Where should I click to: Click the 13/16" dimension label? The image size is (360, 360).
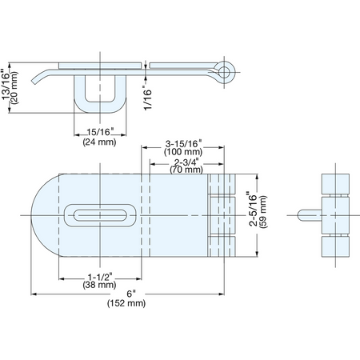6,85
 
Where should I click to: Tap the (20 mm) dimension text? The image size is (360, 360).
14,87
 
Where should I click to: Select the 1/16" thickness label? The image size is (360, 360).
147,97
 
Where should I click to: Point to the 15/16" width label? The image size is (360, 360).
100,132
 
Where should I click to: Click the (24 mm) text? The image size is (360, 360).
99,142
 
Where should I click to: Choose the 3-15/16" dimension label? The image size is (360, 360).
183,144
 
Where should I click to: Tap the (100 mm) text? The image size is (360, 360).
183,152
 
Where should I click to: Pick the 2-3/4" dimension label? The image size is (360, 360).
186,162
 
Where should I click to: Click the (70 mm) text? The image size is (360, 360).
186,170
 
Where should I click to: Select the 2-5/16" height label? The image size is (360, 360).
253,209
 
